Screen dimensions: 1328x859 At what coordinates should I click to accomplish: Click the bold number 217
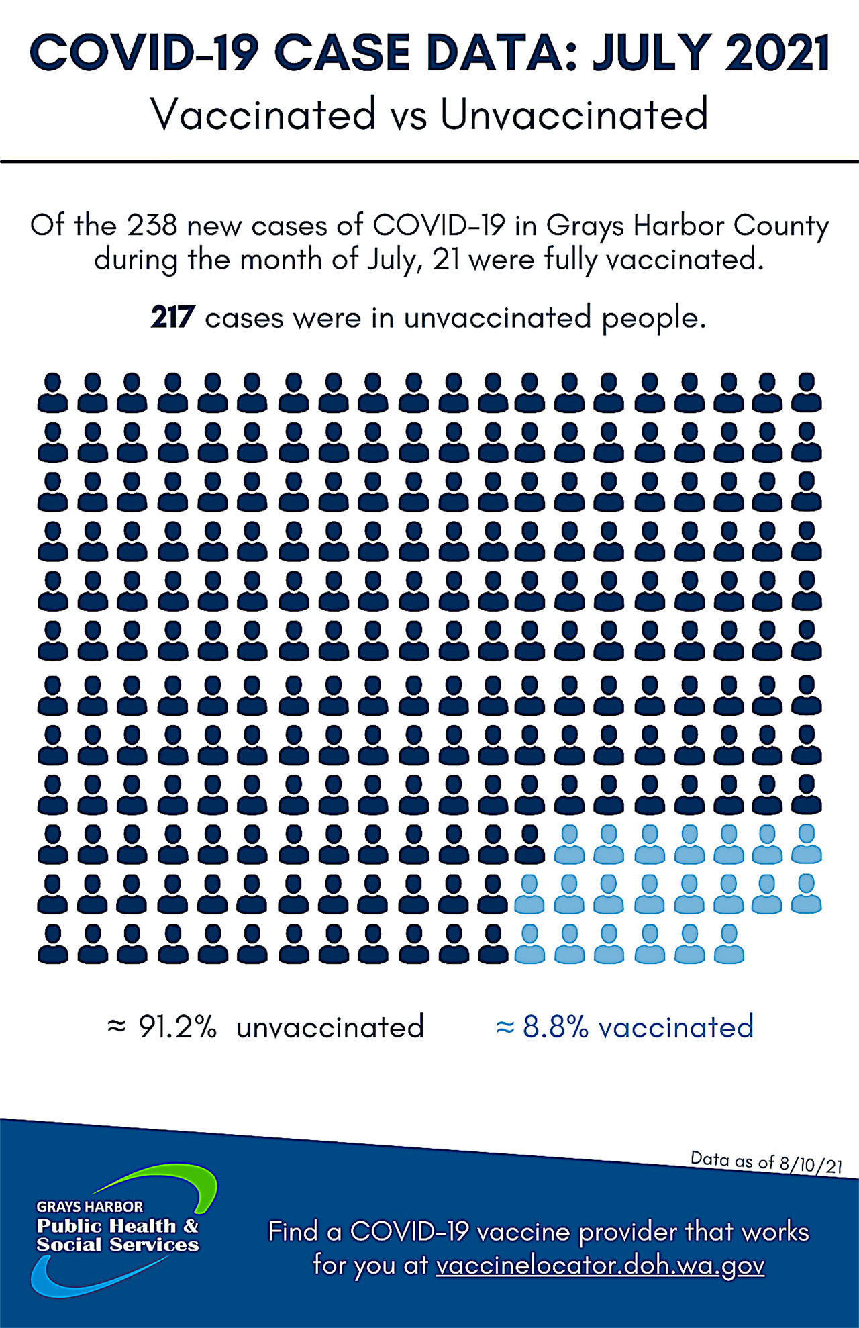tap(172, 317)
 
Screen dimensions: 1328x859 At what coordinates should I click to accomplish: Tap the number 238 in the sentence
tap(152, 226)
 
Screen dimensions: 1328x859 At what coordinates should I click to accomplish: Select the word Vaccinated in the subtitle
tap(263, 114)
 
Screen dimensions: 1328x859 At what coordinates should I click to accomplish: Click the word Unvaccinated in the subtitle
tap(574, 114)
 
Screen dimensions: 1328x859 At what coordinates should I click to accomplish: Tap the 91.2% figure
tap(177, 1027)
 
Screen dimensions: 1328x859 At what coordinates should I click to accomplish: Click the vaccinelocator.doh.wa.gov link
tap(600, 1266)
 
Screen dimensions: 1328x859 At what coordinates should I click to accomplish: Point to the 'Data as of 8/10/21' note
tap(766, 1162)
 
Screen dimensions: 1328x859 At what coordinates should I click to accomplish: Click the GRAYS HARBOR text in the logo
tap(90, 1206)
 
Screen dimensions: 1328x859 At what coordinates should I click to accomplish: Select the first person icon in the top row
tap(52, 393)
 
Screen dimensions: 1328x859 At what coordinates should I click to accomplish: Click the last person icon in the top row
tap(806, 393)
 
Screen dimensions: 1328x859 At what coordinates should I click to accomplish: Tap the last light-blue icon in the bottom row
tap(728, 944)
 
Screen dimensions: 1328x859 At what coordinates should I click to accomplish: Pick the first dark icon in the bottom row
tap(52, 944)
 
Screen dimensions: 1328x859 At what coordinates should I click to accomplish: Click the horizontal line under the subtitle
tap(429, 162)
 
